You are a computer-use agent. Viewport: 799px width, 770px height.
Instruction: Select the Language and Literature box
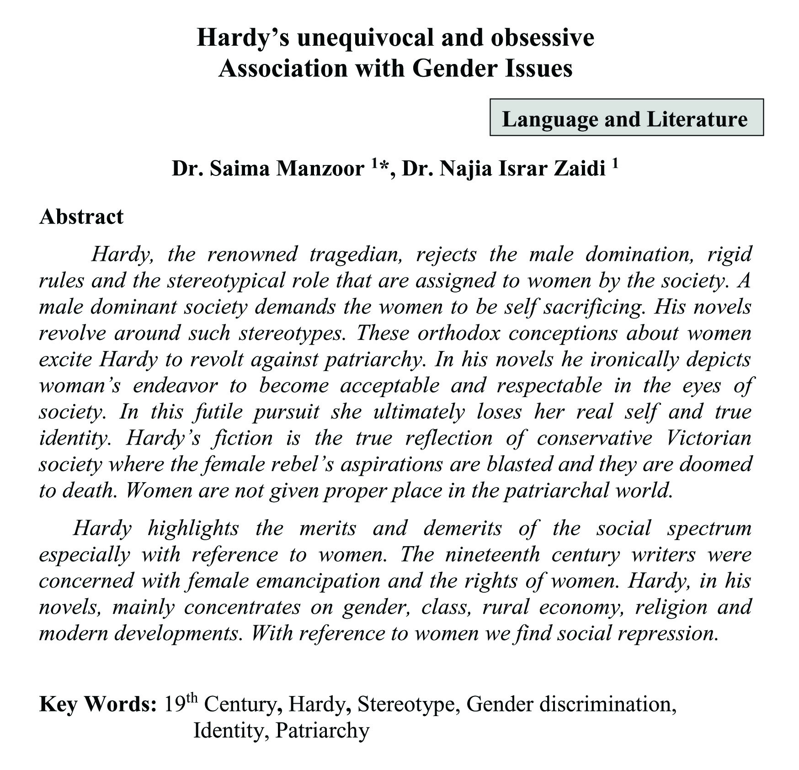[626, 118]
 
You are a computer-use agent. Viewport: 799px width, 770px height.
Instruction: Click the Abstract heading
[81, 217]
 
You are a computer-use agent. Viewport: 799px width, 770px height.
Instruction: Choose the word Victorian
[708, 438]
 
